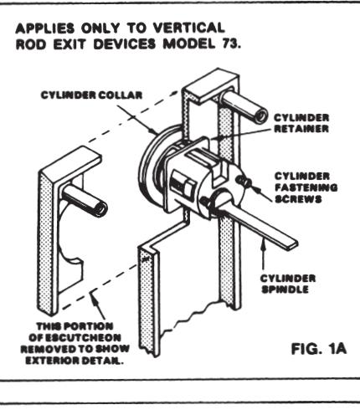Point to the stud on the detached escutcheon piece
[x=83, y=198]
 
